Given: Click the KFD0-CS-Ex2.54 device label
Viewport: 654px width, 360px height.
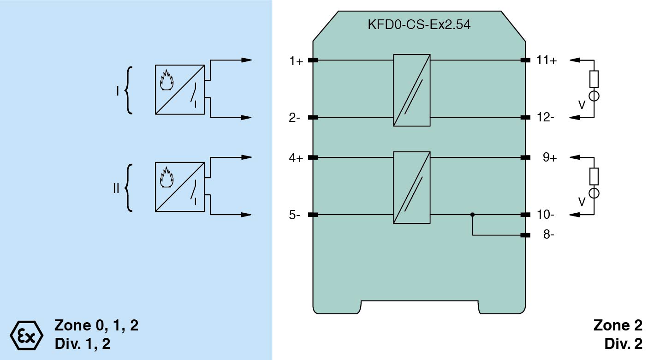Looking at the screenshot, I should pos(419,25).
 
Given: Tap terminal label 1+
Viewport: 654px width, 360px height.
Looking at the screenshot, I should pos(296,61).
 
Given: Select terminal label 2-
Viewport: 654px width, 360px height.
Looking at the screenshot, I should pos(295,118).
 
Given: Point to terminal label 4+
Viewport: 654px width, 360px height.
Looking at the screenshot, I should pos(296,158).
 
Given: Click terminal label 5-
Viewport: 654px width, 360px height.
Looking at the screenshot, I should pos(295,215).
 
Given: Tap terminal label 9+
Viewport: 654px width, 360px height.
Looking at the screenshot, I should pos(549,158).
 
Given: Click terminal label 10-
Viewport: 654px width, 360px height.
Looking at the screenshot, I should pos(545,215).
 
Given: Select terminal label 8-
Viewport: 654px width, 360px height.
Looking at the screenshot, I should pos(548,235).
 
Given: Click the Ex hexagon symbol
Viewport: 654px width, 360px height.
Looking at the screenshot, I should pos(26,334).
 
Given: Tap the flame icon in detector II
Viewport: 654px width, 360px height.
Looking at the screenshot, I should pos(166,177).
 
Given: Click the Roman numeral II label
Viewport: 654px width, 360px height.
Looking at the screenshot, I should pos(116,188).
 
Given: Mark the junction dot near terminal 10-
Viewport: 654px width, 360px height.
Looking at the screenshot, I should pos(472,215).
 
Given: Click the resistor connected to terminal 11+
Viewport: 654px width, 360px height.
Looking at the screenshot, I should pos(594,79).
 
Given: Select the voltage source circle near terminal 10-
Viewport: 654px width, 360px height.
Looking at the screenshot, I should pos(594,193).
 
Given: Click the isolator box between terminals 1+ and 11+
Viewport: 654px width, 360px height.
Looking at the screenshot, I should pos(412,90).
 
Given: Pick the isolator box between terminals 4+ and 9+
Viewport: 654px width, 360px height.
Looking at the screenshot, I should pos(412,187).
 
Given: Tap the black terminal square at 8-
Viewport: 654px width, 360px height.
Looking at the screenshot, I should pos(525,235).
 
